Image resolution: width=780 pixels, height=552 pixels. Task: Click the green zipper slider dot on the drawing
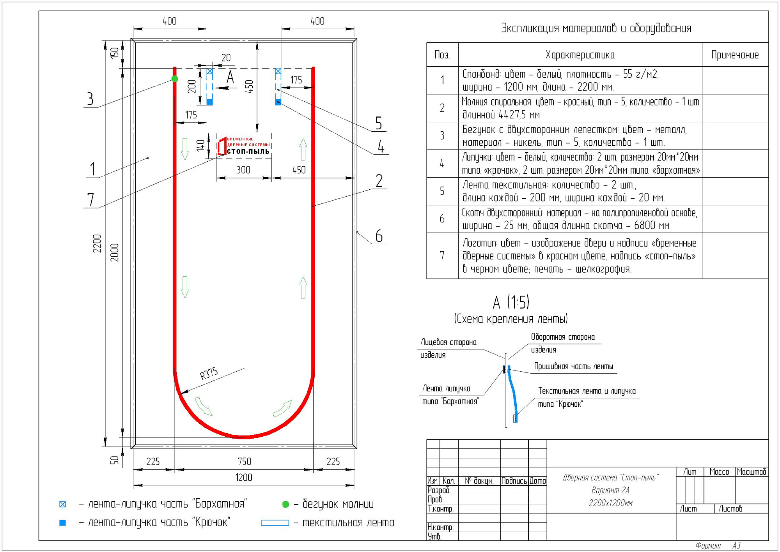tap(175, 79)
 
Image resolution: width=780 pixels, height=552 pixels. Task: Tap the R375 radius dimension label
tap(209, 374)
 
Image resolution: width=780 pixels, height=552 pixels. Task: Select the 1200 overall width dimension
tap(244, 478)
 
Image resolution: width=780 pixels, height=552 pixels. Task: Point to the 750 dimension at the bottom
tap(245, 462)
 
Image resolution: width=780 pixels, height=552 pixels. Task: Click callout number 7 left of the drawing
tap(91, 199)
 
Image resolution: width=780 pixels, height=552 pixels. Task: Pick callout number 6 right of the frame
tap(379, 236)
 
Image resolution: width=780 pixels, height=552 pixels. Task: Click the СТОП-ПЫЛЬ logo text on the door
tap(248, 152)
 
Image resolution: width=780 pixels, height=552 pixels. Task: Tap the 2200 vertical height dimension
tap(97, 243)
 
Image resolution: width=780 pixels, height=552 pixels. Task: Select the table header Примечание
tap(735, 55)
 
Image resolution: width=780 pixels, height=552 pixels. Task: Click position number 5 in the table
tap(442, 191)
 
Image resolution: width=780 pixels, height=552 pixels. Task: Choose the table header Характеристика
tap(580, 55)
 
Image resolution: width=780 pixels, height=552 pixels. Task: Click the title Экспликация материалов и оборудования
tap(596, 28)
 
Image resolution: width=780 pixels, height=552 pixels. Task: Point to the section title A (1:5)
tap(511, 302)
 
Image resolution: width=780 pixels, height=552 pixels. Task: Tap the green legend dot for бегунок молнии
tap(285, 504)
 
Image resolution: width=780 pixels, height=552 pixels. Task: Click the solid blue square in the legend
tap(62, 523)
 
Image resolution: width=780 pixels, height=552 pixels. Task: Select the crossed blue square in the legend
tap(62, 504)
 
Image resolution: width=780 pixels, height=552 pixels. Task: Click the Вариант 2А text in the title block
tap(610, 490)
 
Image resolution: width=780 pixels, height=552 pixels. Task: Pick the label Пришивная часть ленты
tap(573, 366)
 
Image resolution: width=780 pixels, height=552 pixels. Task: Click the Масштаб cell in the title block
tap(752, 472)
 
